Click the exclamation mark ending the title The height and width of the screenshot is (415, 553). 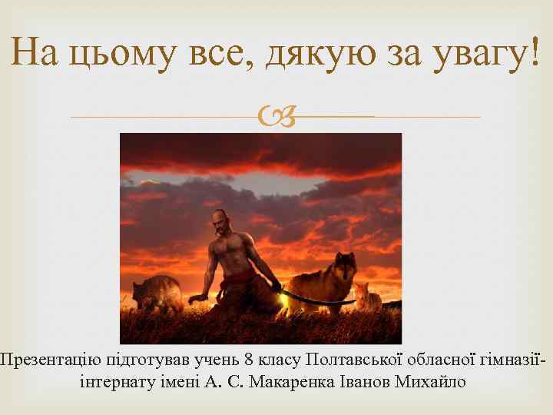534,52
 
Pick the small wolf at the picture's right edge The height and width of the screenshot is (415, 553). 367,297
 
